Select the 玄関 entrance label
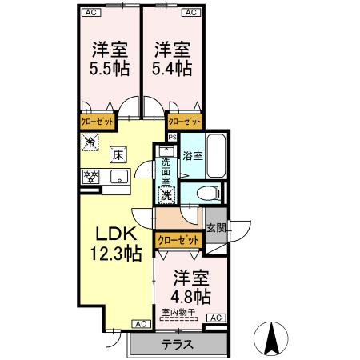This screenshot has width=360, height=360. click(216, 228)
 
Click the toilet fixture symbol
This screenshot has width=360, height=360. click(206, 193)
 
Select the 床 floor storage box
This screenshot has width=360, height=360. click(117, 154)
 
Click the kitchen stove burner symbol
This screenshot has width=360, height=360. click(90, 178)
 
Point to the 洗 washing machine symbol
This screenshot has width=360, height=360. click(166, 194)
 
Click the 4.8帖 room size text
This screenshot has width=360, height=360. click(191, 296)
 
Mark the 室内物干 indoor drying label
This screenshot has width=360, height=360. click(179, 312)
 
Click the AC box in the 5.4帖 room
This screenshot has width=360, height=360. click(190, 12)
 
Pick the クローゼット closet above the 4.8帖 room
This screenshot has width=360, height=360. click(178, 240)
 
